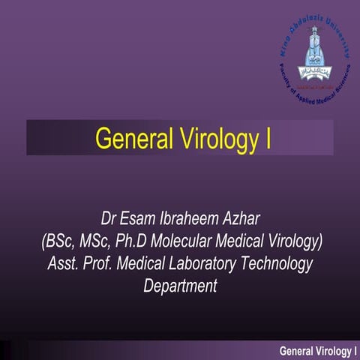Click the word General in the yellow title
(x=127, y=138)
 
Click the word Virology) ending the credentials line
(x=292, y=241)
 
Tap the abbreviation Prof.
(x=100, y=263)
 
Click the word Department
(x=180, y=286)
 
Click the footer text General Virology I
(x=317, y=350)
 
